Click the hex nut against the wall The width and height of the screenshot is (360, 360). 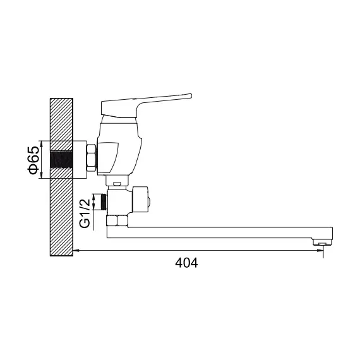(x=90, y=158)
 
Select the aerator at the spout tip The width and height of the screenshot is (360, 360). (x=322, y=243)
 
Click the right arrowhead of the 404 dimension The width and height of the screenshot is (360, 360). (x=320, y=252)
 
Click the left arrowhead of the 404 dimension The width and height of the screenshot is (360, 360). (x=78, y=252)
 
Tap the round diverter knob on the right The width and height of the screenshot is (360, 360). (x=143, y=201)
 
